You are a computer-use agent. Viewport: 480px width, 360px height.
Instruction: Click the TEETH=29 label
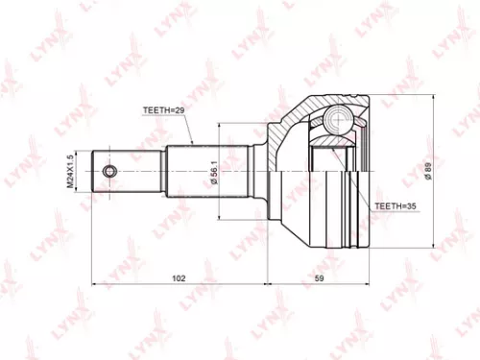click(x=163, y=110)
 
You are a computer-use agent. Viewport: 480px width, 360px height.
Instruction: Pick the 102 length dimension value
click(x=179, y=277)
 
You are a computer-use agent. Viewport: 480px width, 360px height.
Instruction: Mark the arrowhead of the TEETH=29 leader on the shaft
click(x=194, y=144)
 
